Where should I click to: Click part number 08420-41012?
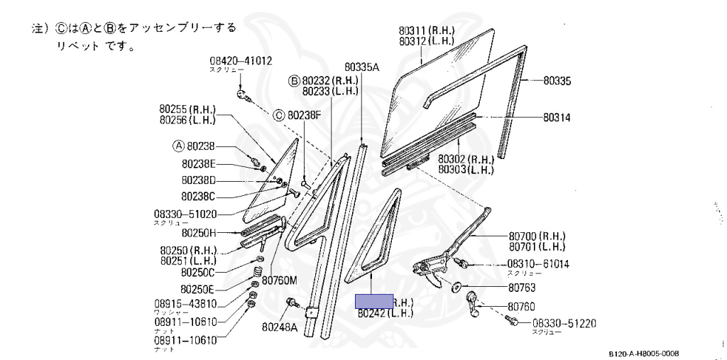pyautogui.click(x=241, y=61)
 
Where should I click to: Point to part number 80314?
pyautogui.click(x=557, y=117)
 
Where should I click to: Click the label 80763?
pyautogui.click(x=522, y=288)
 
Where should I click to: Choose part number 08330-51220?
pyautogui.click(x=564, y=323)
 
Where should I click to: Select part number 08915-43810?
pyautogui.click(x=185, y=304)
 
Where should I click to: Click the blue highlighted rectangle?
pyautogui.click(x=374, y=301)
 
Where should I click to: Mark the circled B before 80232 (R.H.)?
pyautogui.click(x=293, y=80)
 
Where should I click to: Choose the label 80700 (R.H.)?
pyautogui.click(x=536, y=236)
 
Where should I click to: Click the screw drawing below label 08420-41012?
pyautogui.click(x=242, y=94)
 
